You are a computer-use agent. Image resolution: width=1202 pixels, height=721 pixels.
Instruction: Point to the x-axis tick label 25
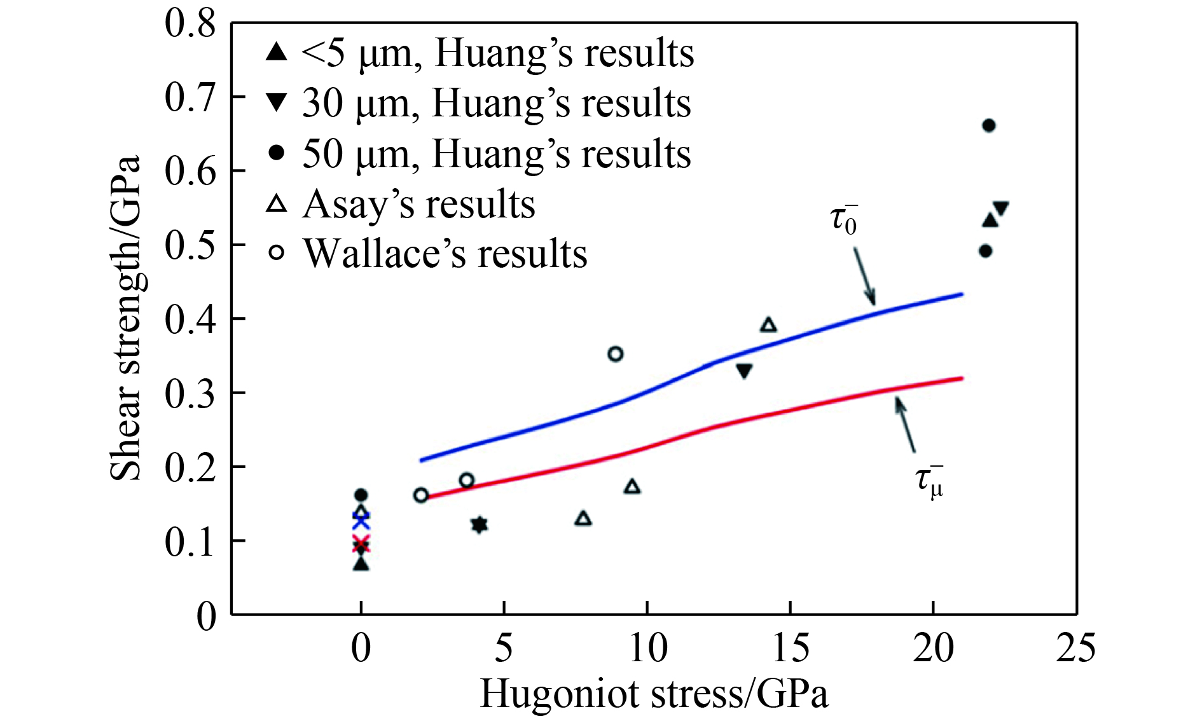(x=1075, y=649)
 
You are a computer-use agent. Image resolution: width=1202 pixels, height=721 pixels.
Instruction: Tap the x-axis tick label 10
(x=647, y=649)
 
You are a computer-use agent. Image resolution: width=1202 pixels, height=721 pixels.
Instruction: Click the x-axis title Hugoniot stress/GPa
(x=654, y=694)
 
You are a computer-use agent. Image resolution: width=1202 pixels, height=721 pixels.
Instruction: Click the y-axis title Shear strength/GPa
(x=125, y=318)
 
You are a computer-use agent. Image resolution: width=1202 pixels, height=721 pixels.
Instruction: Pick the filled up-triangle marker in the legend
(x=277, y=52)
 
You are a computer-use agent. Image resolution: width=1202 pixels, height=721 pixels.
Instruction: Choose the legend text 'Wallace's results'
(x=445, y=254)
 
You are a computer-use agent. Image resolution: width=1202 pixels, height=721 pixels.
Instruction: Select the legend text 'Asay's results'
(x=419, y=204)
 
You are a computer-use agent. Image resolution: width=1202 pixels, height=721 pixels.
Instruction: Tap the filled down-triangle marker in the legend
(x=277, y=102)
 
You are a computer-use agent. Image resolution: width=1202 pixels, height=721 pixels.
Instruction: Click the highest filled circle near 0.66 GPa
(x=988, y=125)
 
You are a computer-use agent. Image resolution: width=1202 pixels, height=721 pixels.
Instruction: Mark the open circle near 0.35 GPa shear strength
(x=615, y=354)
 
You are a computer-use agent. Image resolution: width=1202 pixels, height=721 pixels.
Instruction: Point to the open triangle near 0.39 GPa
(x=768, y=326)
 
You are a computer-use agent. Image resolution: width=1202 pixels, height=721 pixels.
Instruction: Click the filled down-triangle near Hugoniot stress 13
(x=744, y=371)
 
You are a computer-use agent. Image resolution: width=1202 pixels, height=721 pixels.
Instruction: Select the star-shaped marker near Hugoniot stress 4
(x=480, y=525)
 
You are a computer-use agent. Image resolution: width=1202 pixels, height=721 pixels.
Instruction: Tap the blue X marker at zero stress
(x=361, y=521)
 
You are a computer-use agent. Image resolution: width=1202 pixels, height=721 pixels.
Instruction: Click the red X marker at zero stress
(x=361, y=544)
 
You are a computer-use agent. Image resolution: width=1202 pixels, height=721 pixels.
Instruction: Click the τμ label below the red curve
(x=929, y=481)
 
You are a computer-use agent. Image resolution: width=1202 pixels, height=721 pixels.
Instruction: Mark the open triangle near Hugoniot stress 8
(x=583, y=519)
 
